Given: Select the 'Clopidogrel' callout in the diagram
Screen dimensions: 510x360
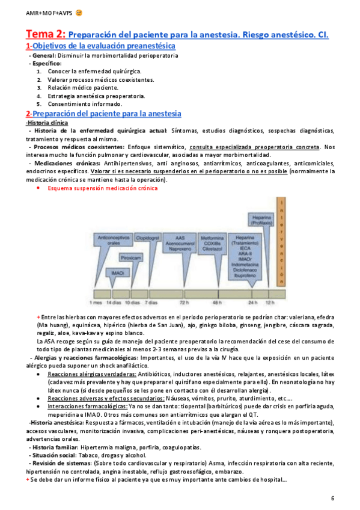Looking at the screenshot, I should pyautogui.click(x=147, y=238).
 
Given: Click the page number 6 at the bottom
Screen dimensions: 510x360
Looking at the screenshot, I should pyautogui.click(x=333, y=499).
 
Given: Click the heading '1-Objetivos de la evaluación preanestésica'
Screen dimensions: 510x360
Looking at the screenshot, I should pyautogui.click(x=100, y=46).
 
